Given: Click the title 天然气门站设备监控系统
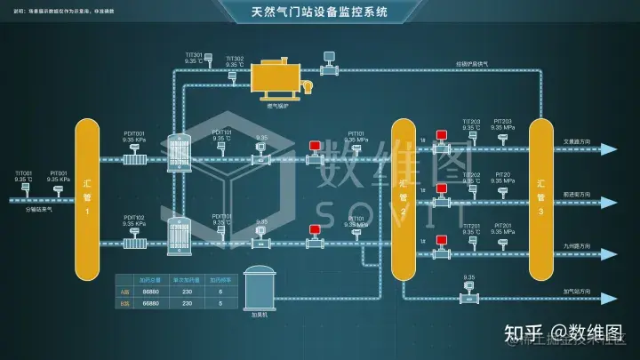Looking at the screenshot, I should click(320, 12).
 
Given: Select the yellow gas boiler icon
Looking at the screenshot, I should click(276, 76).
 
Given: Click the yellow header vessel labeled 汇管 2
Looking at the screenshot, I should click(403, 198).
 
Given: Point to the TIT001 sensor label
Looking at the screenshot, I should click(23, 173).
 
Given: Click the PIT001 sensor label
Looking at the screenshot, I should click(59, 173).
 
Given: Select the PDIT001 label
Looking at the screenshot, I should click(134, 133).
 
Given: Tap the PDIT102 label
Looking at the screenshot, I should click(134, 217).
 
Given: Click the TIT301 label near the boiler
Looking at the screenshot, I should click(194, 54).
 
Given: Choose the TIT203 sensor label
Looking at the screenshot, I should click(471, 122).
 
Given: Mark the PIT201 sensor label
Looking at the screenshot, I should click(502, 226).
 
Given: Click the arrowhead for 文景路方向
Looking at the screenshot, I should click(608, 149).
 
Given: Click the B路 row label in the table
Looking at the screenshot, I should click(124, 303).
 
